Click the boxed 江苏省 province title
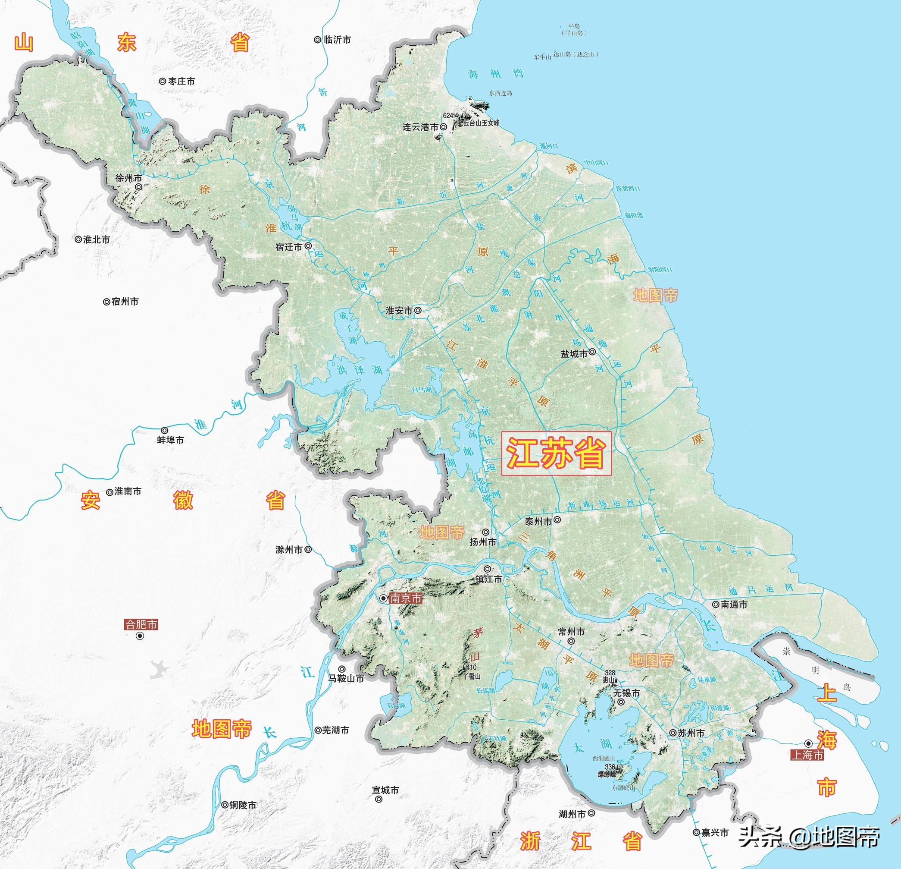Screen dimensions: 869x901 556,453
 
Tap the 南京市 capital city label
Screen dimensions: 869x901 405,598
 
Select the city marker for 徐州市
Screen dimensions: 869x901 138,187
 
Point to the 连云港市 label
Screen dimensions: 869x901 420,127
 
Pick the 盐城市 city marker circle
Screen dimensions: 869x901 592,352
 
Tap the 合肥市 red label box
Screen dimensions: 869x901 141,624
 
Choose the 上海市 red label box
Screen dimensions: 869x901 807,755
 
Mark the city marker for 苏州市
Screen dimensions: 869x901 673,733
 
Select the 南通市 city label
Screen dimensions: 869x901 734,605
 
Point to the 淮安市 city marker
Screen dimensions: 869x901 418,311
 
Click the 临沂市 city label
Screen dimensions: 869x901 338,40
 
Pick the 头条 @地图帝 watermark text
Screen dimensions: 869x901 809,836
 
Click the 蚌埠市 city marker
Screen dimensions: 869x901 164,431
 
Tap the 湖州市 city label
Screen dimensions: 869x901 572,814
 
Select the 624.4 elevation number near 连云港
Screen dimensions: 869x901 450,116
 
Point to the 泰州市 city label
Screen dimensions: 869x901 538,522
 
